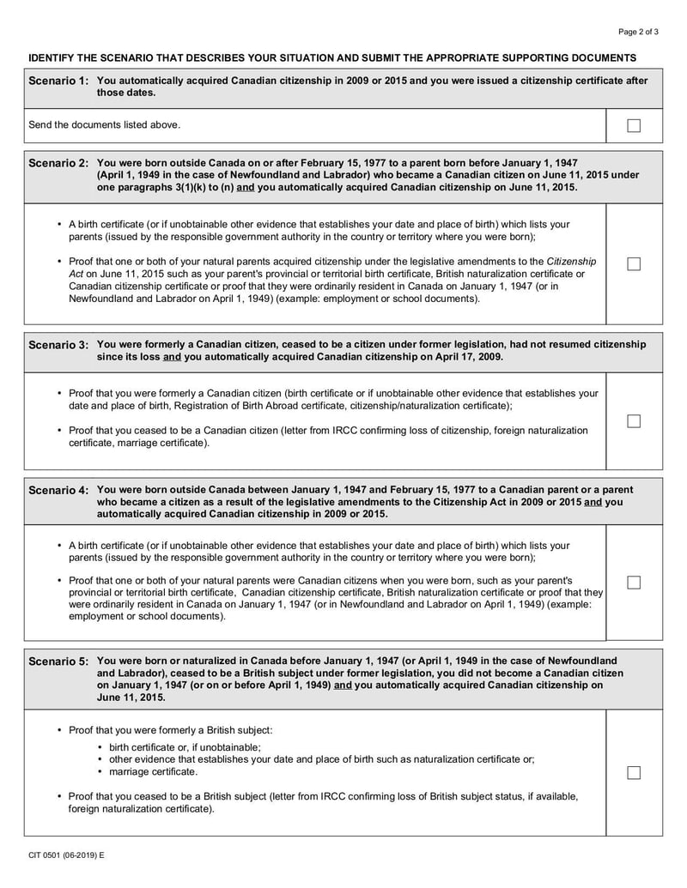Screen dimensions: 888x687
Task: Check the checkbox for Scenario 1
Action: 634,125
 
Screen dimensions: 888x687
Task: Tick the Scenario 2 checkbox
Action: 634,263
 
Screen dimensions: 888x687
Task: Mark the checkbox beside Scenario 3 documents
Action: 634,420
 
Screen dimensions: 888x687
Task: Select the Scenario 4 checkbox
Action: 634,582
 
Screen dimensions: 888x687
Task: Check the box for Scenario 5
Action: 634,772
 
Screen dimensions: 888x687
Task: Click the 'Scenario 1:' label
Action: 58,82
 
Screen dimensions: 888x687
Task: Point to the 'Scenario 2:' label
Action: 58,163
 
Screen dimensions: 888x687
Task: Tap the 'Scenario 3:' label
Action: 58,345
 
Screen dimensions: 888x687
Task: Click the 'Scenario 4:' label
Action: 58,490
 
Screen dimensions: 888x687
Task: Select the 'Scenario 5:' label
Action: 58,661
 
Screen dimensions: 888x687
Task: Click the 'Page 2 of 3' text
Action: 639,32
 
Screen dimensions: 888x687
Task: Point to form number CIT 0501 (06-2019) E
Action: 65,855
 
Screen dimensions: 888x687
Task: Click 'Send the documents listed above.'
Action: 105,125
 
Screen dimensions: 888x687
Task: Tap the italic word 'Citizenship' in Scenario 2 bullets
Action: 572,261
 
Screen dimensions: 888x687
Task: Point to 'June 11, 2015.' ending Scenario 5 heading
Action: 131,698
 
